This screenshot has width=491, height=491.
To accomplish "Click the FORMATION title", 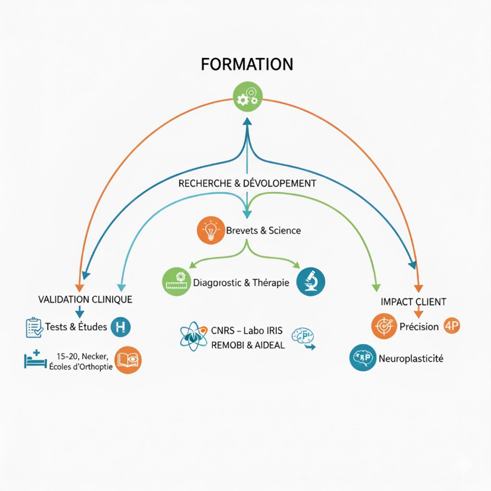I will click(246, 65).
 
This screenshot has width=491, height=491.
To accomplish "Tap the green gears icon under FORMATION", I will click(247, 96).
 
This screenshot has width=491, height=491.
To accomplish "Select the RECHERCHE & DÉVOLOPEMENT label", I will click(247, 183).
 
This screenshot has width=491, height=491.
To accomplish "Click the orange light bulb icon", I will click(210, 230).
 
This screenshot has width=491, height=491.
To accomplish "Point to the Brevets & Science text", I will click(263, 231).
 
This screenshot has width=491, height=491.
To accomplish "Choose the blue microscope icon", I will click(310, 281).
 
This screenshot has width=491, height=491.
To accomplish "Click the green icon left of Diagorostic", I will click(176, 281).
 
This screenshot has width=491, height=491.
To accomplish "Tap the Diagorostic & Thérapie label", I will click(242, 283).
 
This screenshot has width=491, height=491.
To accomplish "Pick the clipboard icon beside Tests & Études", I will click(33, 327).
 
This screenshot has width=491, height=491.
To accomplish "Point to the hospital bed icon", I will click(35, 359).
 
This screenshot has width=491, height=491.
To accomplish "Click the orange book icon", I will click(127, 360).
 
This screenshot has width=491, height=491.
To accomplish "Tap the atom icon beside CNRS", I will click(192, 336).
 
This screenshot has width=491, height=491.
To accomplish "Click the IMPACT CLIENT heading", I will click(413, 302).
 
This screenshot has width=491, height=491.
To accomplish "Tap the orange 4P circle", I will click(452, 326).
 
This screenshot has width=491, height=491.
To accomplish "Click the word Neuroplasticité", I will click(411, 359).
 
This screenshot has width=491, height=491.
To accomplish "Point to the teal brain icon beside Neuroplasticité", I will click(362, 358).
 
